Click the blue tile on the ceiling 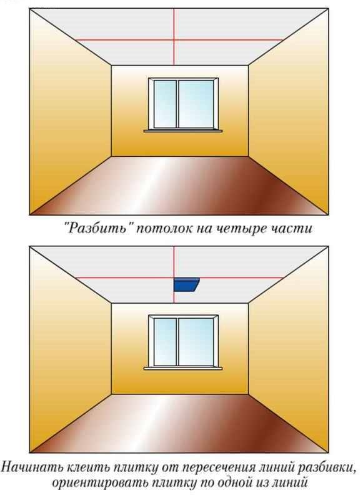[186, 284]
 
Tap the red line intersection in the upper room [174, 40]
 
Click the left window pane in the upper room [165, 103]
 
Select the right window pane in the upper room [196, 103]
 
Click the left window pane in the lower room [165, 341]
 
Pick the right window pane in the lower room [196, 341]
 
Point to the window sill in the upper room [183, 131]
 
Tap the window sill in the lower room [183, 368]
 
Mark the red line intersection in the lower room [174, 277]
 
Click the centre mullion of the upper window [177, 103]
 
